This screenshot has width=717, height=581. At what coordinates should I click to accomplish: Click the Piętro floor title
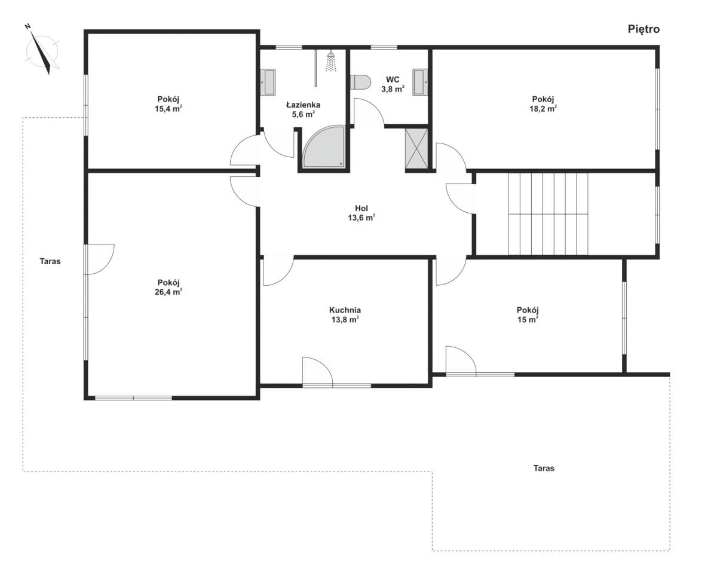tap(644, 30)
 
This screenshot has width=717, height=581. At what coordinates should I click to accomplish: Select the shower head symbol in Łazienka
tap(331, 62)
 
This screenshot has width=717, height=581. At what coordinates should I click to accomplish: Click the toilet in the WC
tap(360, 82)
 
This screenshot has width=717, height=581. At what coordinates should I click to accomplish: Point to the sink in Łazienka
tap(268, 82)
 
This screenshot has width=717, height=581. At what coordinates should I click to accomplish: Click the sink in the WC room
tap(420, 82)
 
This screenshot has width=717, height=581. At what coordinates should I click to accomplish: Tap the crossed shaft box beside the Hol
tap(416, 148)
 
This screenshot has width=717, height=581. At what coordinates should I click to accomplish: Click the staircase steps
tap(548, 214)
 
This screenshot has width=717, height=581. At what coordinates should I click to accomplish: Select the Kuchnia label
tap(345, 310)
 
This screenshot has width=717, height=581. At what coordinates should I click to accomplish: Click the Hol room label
tap(361, 208)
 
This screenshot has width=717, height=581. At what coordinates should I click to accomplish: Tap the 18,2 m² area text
tap(543, 109)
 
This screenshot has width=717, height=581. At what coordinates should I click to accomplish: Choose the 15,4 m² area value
tap(168, 109)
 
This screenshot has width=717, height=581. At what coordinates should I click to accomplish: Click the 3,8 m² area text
tap(393, 89)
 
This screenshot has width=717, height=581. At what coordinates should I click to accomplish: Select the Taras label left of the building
tap(50, 261)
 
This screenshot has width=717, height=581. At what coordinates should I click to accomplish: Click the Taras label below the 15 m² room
tap(544, 468)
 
